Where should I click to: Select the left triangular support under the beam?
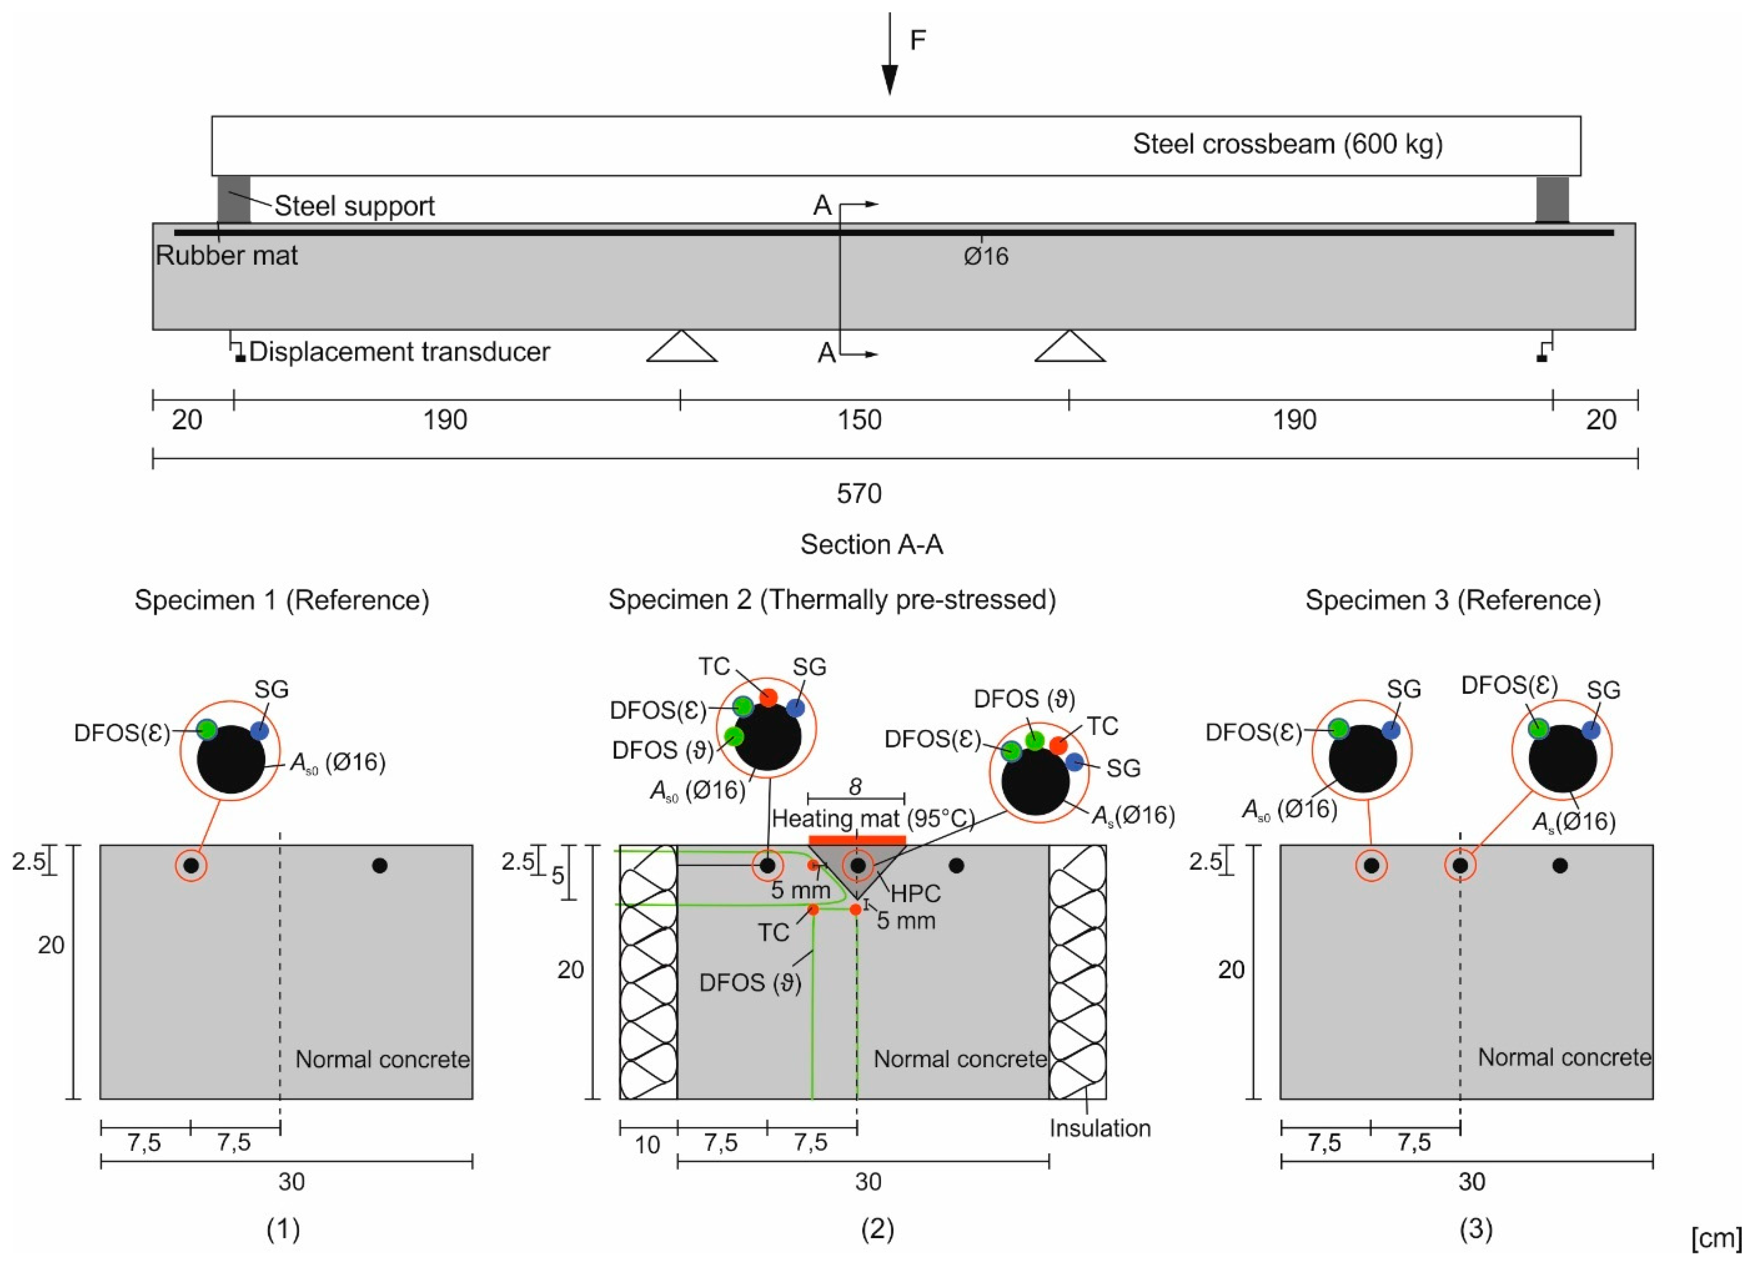[x=681, y=347]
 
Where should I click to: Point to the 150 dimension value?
[x=859, y=420]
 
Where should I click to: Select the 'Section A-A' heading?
[x=872, y=544]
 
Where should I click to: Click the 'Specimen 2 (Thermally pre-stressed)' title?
[x=832, y=600]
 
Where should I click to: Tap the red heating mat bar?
[x=857, y=840]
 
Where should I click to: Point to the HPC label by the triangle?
[x=916, y=894]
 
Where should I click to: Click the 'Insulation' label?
[x=1100, y=1129]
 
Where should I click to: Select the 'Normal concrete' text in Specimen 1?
[x=382, y=1059]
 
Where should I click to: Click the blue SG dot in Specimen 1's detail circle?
[x=259, y=730]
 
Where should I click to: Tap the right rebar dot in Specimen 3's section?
[x=1560, y=866]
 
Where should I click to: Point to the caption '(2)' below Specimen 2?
[x=877, y=1228]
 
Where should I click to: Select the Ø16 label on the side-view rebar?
[x=986, y=256]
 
